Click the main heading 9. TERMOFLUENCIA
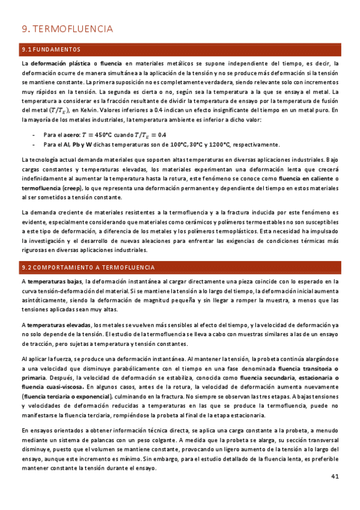(67, 29)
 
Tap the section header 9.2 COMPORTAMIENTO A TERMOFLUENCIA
(88, 267)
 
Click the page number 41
(335, 493)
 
